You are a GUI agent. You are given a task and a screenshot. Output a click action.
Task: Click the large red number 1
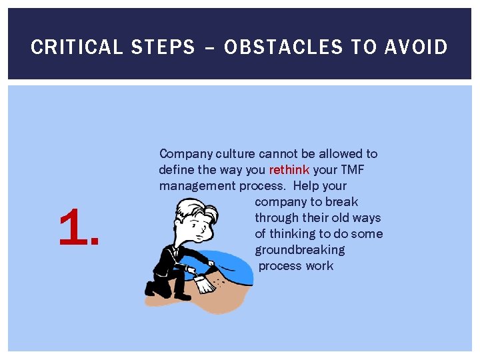click(78, 227)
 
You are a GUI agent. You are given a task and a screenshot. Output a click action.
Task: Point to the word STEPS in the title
click(163, 47)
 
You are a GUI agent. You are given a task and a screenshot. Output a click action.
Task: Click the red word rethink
click(289, 169)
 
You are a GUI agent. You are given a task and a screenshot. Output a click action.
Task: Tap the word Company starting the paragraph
click(185, 153)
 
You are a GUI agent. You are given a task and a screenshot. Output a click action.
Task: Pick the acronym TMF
click(353, 169)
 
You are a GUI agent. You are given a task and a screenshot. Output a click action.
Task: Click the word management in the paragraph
click(194, 185)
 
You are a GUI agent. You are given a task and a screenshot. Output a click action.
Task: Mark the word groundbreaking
click(299, 249)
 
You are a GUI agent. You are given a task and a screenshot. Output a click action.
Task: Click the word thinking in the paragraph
click(292, 233)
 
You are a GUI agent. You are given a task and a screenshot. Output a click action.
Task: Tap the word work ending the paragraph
click(319, 265)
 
